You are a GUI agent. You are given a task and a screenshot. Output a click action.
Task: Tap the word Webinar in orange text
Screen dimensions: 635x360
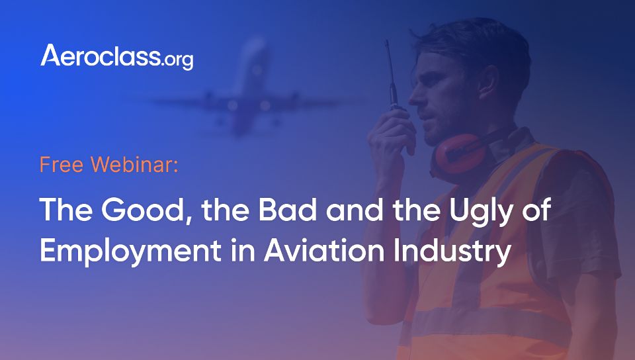[x=134, y=164]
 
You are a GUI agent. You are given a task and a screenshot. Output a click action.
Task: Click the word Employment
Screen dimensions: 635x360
[x=130, y=251]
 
